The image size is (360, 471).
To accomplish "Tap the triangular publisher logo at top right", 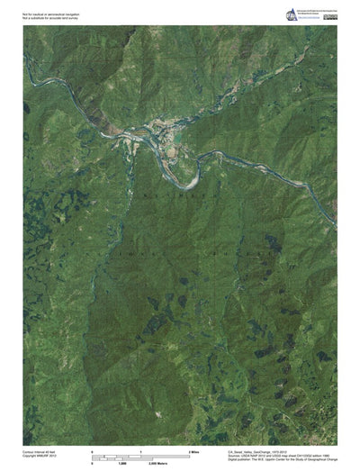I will pos(291,14).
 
